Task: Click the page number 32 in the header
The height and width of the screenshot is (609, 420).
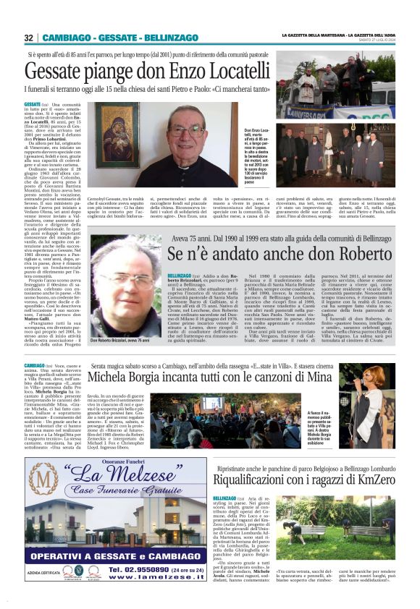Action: click(29, 38)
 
